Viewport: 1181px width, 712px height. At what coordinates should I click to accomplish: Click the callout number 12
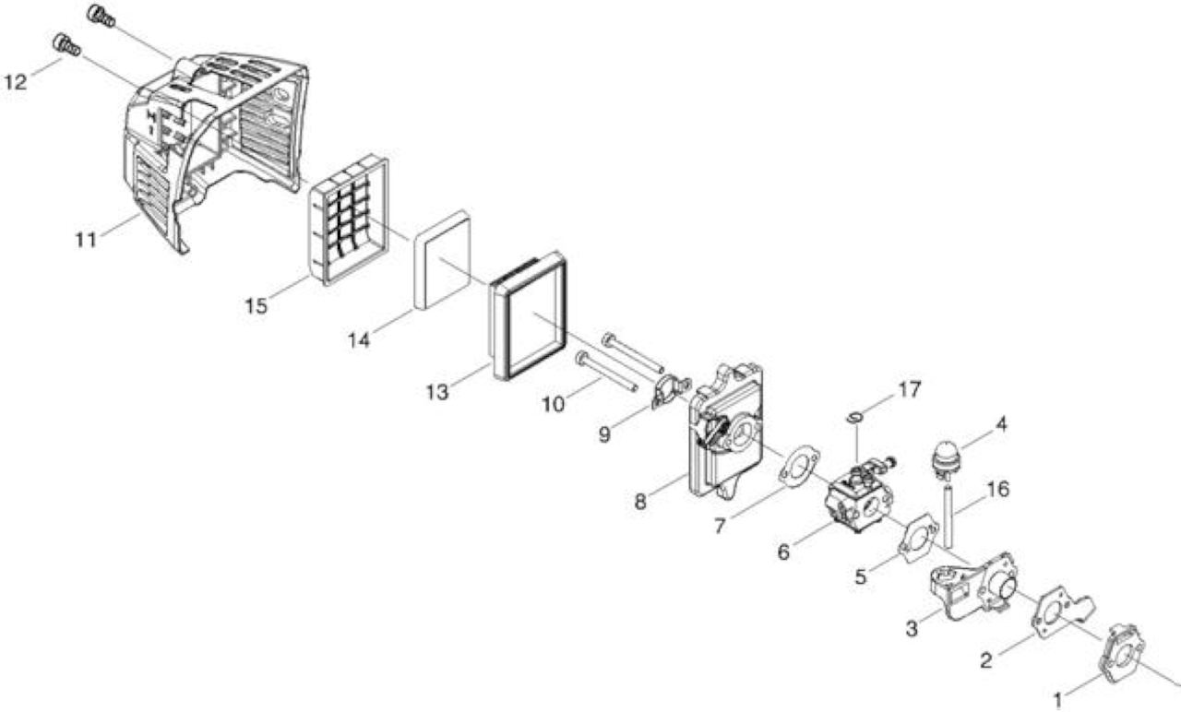(x=16, y=82)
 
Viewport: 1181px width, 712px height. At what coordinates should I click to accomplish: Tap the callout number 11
(x=87, y=241)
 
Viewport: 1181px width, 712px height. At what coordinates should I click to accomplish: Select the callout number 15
(x=256, y=306)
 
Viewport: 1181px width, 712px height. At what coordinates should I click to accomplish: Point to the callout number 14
(x=359, y=340)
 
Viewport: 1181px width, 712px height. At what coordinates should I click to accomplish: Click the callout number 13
(x=437, y=392)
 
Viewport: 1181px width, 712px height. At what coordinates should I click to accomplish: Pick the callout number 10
(x=553, y=405)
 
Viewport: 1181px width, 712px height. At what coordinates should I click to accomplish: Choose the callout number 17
(x=910, y=390)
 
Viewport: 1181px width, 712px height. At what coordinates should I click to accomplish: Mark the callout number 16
(x=997, y=490)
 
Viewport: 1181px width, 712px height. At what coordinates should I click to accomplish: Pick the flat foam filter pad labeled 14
(x=442, y=260)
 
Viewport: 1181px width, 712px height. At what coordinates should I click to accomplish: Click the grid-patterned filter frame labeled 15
(x=349, y=220)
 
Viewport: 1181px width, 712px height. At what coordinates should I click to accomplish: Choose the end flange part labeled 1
(x=1120, y=656)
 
